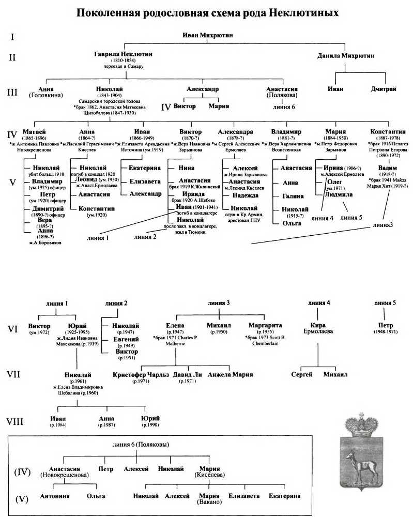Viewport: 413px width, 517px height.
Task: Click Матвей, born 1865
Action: click(35, 132)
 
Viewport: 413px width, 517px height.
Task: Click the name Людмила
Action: click(338, 195)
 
